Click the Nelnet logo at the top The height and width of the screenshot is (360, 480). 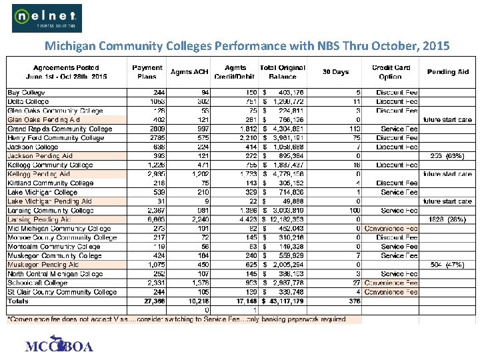tap(47, 18)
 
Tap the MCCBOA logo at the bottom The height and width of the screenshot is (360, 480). tap(59, 345)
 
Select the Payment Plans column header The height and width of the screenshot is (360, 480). tap(147, 72)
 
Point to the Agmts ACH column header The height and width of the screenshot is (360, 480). tap(190, 72)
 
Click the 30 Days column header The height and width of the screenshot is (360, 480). tap(335, 72)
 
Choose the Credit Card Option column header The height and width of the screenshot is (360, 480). tap(390, 72)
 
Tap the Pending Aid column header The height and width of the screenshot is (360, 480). tap(448, 72)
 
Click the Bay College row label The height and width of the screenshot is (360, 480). tap(27, 93)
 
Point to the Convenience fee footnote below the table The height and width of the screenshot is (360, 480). tap(177, 320)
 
